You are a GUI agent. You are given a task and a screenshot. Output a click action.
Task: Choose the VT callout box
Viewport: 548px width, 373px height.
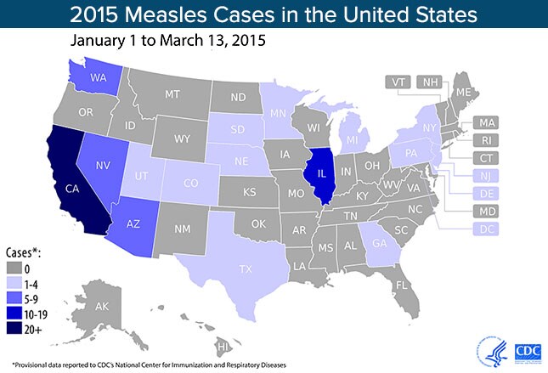click(397, 82)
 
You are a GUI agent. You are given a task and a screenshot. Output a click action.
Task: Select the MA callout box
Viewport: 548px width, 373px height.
click(487, 121)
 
